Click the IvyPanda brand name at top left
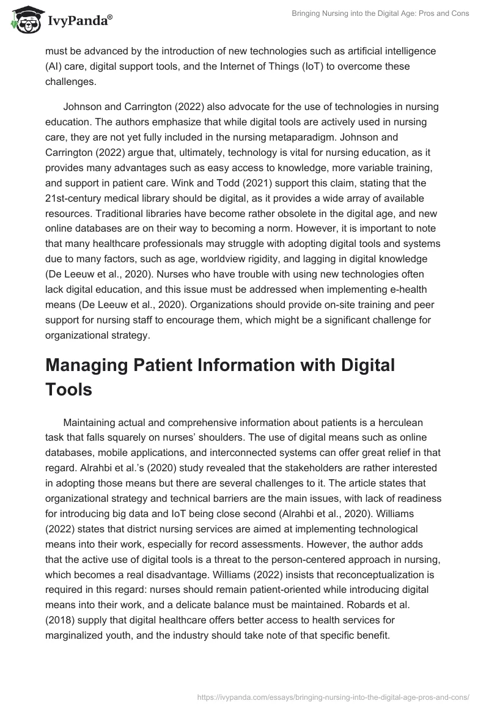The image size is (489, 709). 79,20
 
